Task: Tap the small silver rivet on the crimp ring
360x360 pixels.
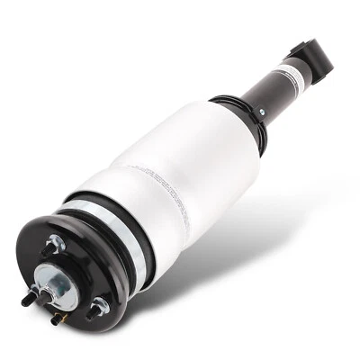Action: point(261,112)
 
